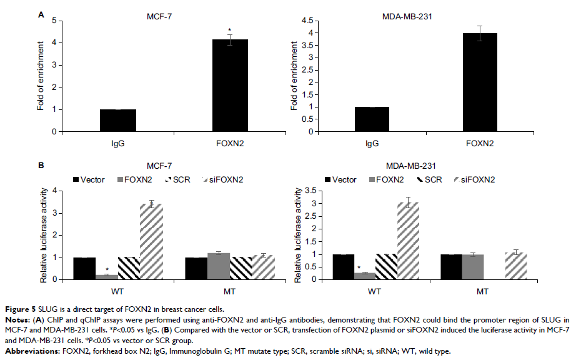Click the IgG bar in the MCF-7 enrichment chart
pyautogui.click(x=118, y=121)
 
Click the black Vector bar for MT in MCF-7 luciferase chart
pyautogui.click(x=196, y=269)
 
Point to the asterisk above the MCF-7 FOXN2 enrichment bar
pyautogui.click(x=229, y=31)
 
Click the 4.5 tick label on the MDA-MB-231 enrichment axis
pyautogui.click(x=306, y=21)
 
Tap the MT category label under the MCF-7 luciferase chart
pyautogui.click(x=228, y=291)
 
